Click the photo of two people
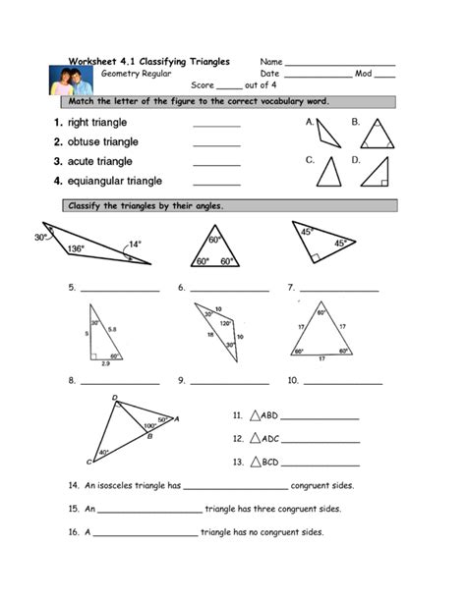69,79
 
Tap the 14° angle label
134,244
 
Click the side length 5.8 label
113,329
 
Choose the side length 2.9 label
106,364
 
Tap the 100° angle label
150,425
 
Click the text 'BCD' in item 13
270,461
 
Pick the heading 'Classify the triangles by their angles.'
146,205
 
